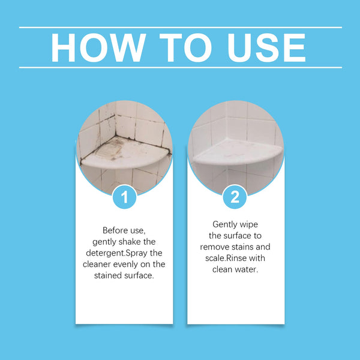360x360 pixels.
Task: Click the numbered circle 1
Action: [124, 197]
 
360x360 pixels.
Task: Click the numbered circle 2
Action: [235, 197]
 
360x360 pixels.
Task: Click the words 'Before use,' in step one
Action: [124, 230]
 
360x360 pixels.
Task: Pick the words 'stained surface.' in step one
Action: [124, 276]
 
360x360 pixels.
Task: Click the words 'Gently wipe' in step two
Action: [235, 224]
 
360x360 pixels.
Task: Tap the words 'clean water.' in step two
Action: [235, 269]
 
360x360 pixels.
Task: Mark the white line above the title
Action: [180, 28]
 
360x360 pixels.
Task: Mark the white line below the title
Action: [180, 67]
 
